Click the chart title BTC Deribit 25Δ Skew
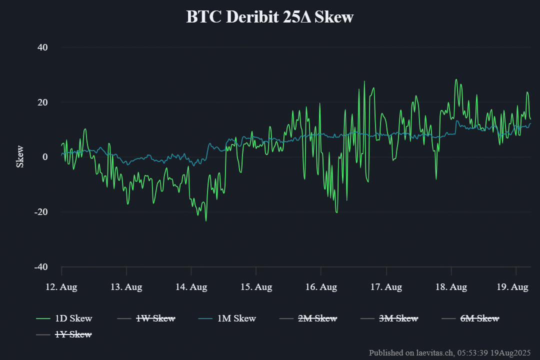(270, 16)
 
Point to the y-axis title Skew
(20, 156)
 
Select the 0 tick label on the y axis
(44, 157)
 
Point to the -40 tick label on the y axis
(40, 267)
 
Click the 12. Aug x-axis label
(61, 287)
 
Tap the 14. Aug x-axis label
(191, 287)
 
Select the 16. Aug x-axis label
(321, 287)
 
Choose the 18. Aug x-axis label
(451, 287)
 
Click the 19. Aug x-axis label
(513, 287)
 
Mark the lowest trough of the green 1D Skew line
(206, 220)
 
